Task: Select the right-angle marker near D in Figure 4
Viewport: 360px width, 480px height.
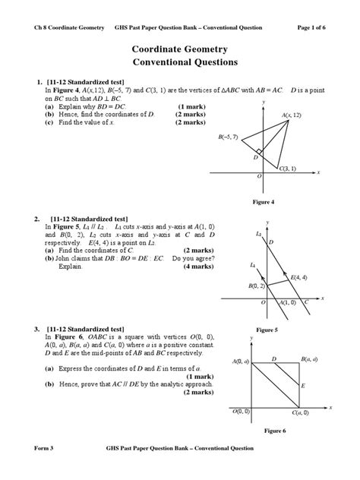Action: coord(261,152)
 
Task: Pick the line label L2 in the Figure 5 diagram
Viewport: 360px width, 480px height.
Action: coord(260,234)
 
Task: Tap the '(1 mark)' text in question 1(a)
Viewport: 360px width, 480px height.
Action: coord(190,106)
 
